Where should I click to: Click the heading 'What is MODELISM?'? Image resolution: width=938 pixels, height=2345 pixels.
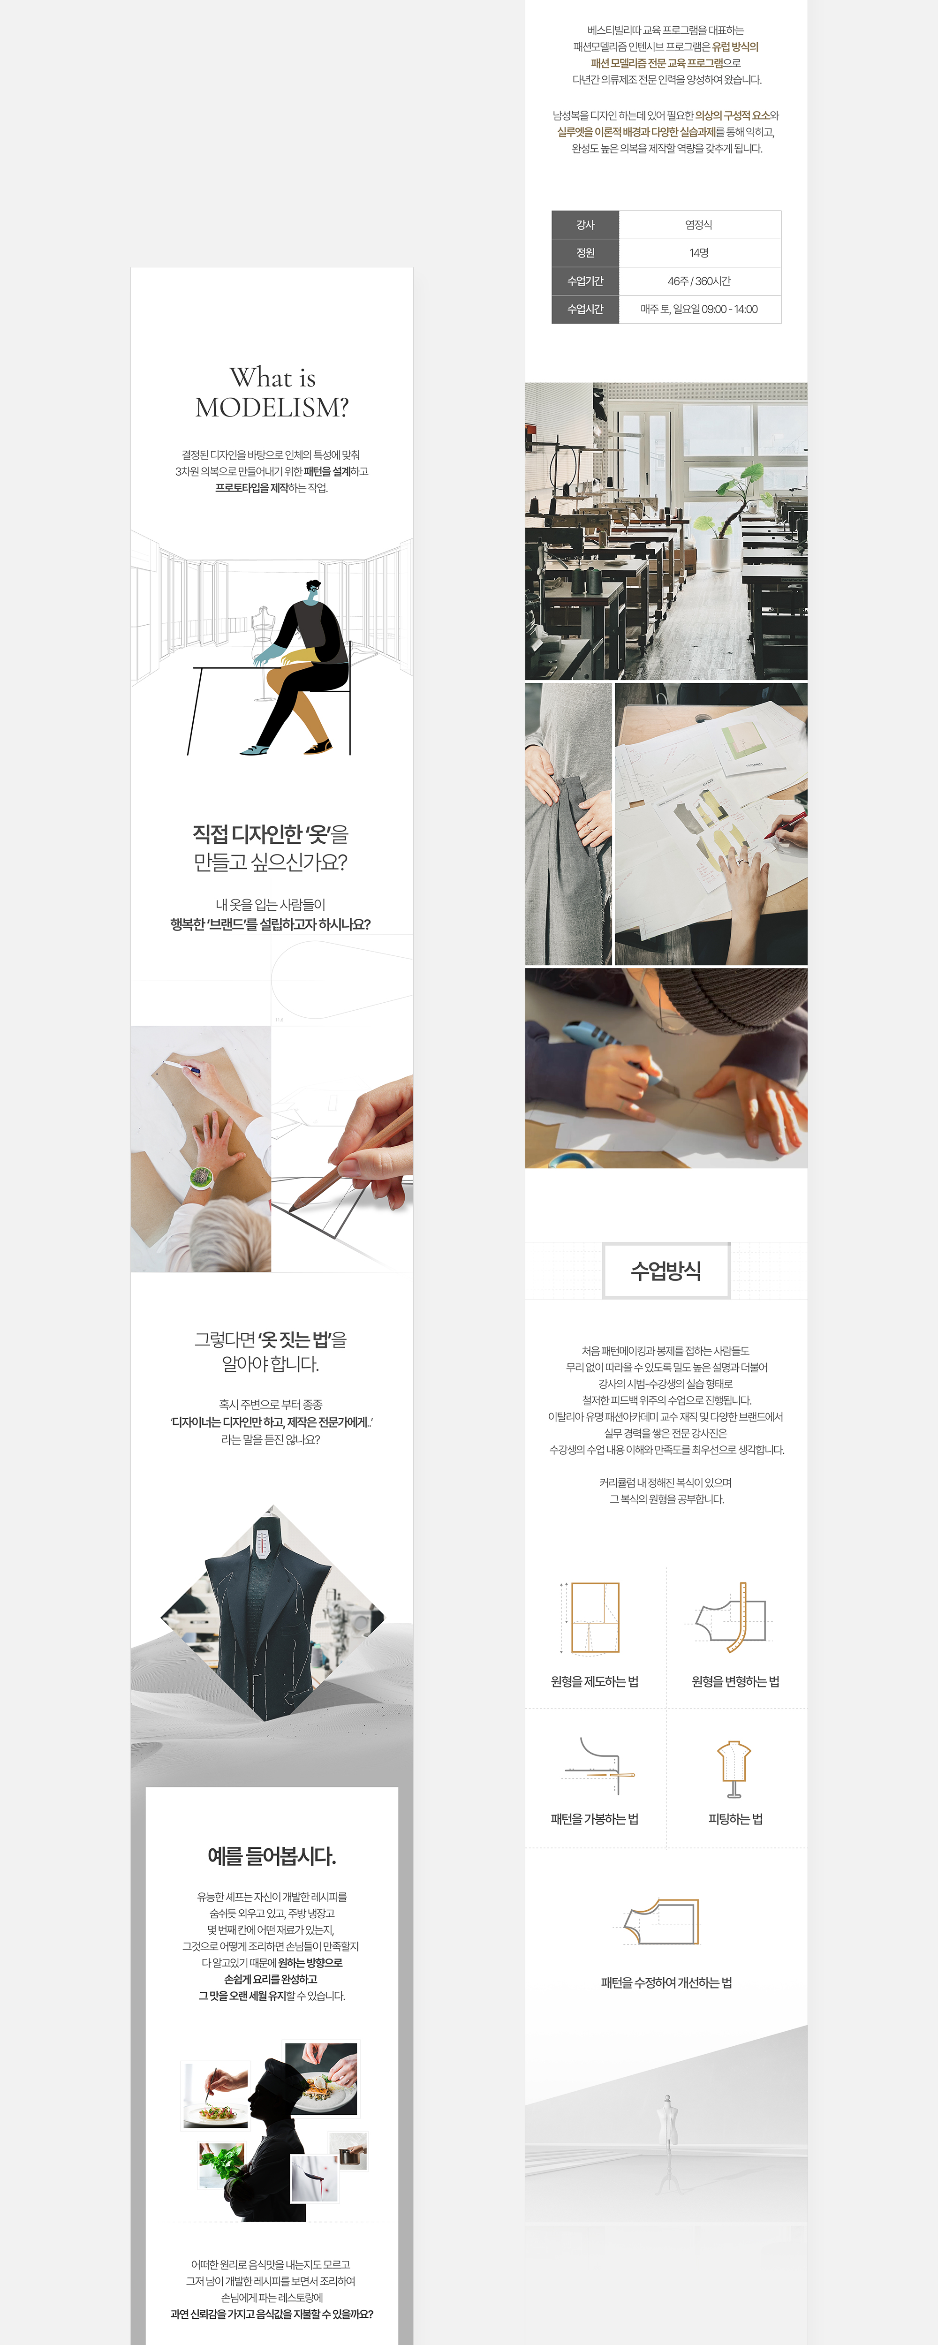[272, 393]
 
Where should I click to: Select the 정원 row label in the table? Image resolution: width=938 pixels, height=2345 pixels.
[586, 253]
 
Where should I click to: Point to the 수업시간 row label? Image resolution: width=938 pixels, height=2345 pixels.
[586, 310]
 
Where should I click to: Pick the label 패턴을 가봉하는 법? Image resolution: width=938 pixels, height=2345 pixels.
[595, 1819]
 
